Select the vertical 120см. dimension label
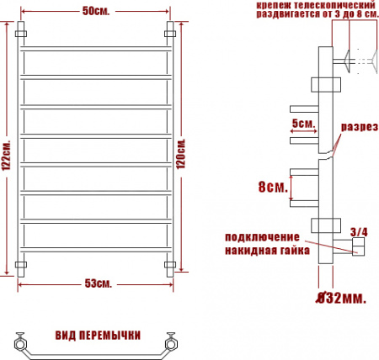tap(192, 151)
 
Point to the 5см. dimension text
tap(302, 123)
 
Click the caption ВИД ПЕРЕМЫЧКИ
tap(97, 336)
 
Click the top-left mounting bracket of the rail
tap(23, 33)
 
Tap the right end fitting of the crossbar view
tap(173, 342)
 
